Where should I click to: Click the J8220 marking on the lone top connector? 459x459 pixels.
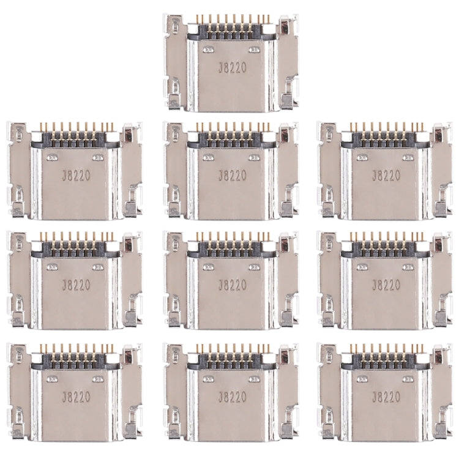pyautogui.click(x=233, y=68)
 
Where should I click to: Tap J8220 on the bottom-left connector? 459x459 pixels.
pyautogui.click(x=76, y=397)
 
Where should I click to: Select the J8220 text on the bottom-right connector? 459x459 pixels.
pyautogui.click(x=386, y=397)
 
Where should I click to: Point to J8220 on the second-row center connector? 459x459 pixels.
pyautogui.click(x=233, y=176)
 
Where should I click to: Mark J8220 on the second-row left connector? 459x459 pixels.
pyautogui.click(x=76, y=176)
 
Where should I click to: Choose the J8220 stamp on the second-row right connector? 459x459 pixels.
pyautogui.click(x=386, y=176)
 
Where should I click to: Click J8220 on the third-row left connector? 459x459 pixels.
pyautogui.click(x=76, y=285)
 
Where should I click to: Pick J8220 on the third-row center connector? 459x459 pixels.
pyautogui.click(x=233, y=285)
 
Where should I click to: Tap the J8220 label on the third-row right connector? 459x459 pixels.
pyautogui.click(x=386, y=285)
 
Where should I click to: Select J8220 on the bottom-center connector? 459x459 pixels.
pyautogui.click(x=233, y=397)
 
